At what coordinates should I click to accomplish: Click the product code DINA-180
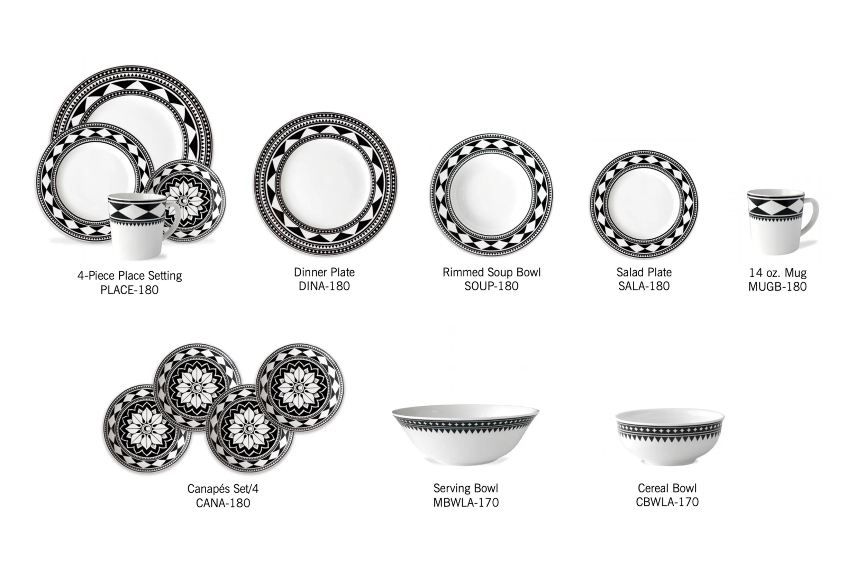click(x=324, y=286)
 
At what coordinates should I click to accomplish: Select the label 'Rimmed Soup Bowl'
click(x=491, y=272)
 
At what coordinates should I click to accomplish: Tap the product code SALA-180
click(x=644, y=286)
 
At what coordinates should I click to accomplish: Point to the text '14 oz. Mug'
click(x=778, y=273)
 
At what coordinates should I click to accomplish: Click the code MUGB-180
click(x=777, y=287)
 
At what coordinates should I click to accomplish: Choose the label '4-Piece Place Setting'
click(x=129, y=276)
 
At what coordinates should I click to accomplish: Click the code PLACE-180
click(x=129, y=290)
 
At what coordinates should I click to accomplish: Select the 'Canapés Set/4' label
click(x=223, y=489)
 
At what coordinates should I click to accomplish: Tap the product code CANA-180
click(x=223, y=503)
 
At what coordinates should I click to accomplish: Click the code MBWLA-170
click(x=466, y=502)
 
